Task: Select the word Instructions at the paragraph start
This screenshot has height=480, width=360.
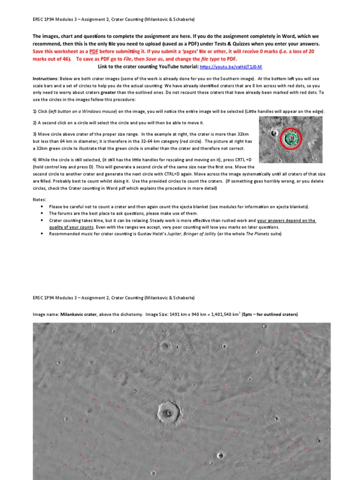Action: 45,78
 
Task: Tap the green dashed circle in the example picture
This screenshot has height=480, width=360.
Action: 291,137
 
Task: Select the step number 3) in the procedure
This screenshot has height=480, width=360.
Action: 35,134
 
